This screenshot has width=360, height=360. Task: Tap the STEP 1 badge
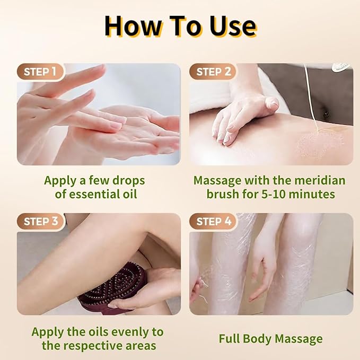pyautogui.click(x=41, y=72)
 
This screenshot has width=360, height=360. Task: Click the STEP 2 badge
pyautogui.click(x=214, y=72)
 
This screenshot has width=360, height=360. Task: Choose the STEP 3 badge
pyautogui.click(x=41, y=221)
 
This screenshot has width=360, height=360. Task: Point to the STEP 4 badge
pyautogui.click(x=214, y=221)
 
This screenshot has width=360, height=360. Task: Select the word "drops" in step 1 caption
pyautogui.click(x=127, y=180)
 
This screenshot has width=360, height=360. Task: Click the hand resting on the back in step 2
pyautogui.click(x=241, y=117)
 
